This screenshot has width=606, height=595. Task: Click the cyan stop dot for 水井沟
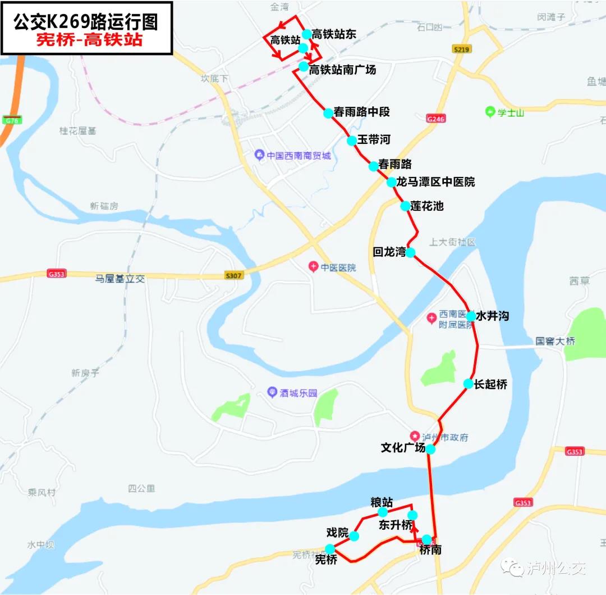(471, 316)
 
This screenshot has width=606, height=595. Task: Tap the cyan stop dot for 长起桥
(468, 384)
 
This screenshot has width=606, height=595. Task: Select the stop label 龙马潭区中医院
(435, 182)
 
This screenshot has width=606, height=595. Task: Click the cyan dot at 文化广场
(430, 449)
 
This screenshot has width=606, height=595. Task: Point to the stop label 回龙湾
(389, 252)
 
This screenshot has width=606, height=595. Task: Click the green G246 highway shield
(435, 119)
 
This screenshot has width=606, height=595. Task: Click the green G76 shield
(10, 120)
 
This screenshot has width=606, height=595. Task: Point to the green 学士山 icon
(489, 112)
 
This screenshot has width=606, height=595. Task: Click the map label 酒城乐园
(298, 393)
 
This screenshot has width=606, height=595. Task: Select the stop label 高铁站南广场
(342, 70)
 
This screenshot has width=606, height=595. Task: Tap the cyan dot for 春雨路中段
(328, 113)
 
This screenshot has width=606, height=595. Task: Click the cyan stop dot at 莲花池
(405, 206)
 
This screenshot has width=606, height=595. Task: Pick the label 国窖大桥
(554, 341)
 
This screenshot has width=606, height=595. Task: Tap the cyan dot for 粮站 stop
(383, 512)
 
